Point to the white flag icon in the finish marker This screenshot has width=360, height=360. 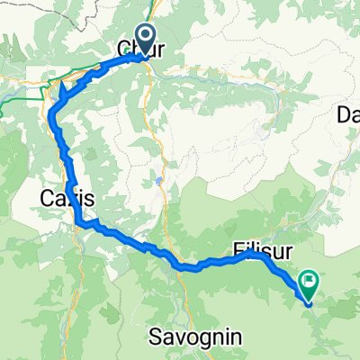pos(309,282)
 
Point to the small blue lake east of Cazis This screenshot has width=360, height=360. pos(160,181)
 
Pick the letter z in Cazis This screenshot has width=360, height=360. pos(71,197)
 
